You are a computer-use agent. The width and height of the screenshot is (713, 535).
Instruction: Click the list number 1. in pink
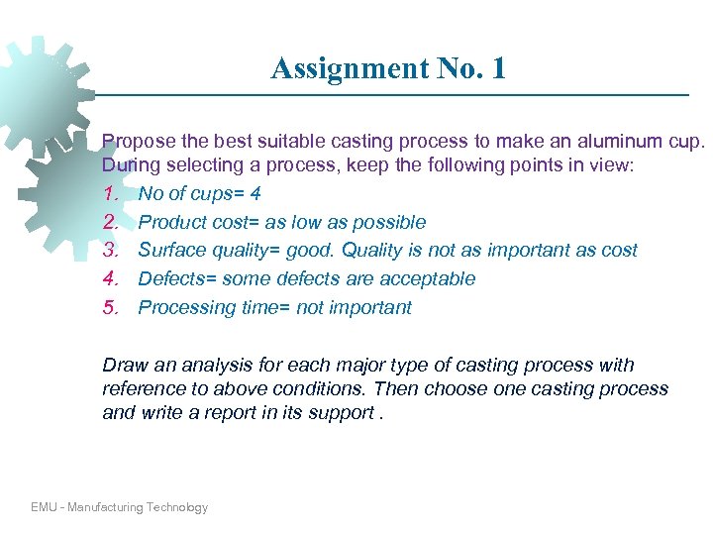click(x=111, y=194)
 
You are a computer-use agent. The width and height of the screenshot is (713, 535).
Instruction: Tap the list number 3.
click(x=111, y=251)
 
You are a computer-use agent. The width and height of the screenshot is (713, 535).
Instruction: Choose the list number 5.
click(x=111, y=307)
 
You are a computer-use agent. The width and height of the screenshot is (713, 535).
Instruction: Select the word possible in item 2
click(x=387, y=223)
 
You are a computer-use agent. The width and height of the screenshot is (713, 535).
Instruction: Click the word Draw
click(x=124, y=366)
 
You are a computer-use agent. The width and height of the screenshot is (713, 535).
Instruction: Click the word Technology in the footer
click(x=176, y=507)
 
